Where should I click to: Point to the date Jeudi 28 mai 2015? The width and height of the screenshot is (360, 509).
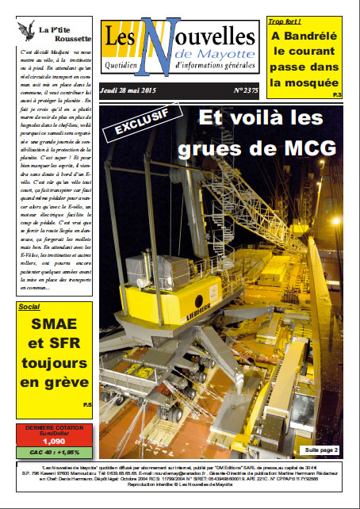(128, 92)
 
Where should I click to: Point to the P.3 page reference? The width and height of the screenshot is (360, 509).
(337, 96)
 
